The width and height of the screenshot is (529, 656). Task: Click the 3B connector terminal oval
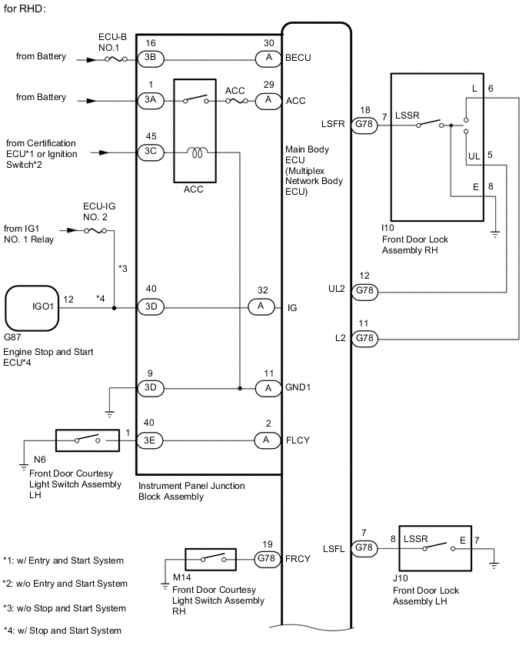click(x=151, y=59)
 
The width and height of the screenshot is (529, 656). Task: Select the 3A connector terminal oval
click(x=151, y=101)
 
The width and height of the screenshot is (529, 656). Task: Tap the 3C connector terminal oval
click(x=151, y=152)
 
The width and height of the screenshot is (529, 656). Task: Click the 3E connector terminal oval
click(x=150, y=440)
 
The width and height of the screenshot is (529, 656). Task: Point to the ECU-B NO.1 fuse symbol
click(x=116, y=59)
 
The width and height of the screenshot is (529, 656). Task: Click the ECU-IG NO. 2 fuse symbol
click(x=95, y=230)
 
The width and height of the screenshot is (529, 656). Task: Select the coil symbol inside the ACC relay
click(x=198, y=152)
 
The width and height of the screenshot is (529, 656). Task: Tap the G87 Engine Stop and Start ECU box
click(x=32, y=308)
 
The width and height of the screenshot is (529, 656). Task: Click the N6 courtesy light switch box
click(x=88, y=440)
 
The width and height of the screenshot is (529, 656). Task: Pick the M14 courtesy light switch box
click(x=211, y=559)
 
